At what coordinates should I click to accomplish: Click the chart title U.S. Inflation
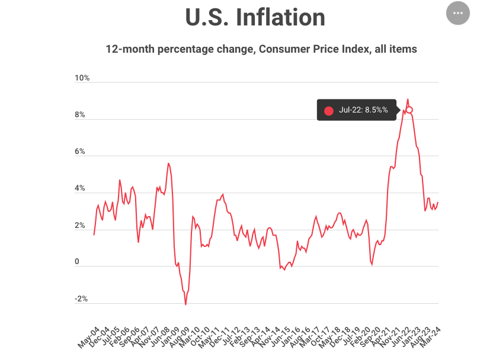tap(255, 17)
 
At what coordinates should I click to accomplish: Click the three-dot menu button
tap(457, 13)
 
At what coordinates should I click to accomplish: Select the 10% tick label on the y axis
tap(82, 78)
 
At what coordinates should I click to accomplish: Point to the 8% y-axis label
tap(80, 115)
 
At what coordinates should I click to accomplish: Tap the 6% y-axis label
tap(80, 152)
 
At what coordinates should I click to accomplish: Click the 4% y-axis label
tap(80, 189)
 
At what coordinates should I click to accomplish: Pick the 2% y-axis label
tap(80, 226)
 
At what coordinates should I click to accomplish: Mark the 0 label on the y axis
tap(76, 262)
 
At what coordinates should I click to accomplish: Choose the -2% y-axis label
tap(81, 299)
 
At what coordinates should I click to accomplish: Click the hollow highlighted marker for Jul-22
tap(409, 110)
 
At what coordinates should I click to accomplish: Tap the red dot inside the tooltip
tap(329, 110)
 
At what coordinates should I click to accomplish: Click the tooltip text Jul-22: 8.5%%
tap(363, 110)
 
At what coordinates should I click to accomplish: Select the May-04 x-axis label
tap(87, 335)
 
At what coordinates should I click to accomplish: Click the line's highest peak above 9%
tap(407, 99)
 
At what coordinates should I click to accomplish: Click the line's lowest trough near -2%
tap(185, 304)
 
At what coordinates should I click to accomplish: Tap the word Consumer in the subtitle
tap(283, 49)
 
